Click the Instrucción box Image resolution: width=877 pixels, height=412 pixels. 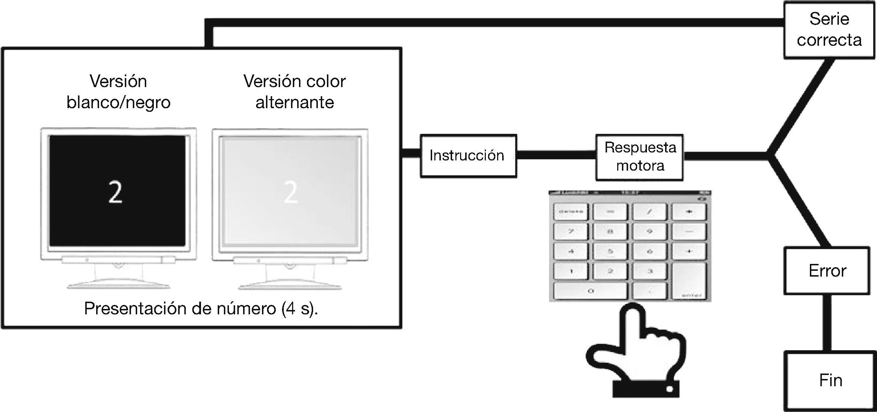tap(468, 156)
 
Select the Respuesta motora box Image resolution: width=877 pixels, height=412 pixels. tap(639, 157)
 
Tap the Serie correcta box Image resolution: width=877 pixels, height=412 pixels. tap(829, 30)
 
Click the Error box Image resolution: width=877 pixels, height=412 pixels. tap(827, 271)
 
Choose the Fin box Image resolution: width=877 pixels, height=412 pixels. tap(830, 380)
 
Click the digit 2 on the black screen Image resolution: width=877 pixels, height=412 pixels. tap(115, 192)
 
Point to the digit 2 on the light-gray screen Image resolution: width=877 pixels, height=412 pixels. tap(290, 192)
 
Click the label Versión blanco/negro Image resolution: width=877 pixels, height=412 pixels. tap(118, 92)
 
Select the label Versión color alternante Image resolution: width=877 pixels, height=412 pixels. tap(294, 92)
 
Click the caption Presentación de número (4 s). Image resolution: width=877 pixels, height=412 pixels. tap(201, 309)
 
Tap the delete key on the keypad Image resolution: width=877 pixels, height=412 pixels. tap(571, 211)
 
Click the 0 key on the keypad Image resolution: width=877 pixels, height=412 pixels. tap(590, 291)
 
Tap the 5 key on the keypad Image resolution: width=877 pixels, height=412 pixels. tap(610, 251)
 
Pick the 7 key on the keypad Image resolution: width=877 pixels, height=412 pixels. tap(571, 231)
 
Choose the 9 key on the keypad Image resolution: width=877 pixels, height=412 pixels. tap(649, 231)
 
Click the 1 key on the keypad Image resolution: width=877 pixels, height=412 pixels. tap(571, 271)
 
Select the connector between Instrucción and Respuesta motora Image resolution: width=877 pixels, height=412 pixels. tap(556, 156)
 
